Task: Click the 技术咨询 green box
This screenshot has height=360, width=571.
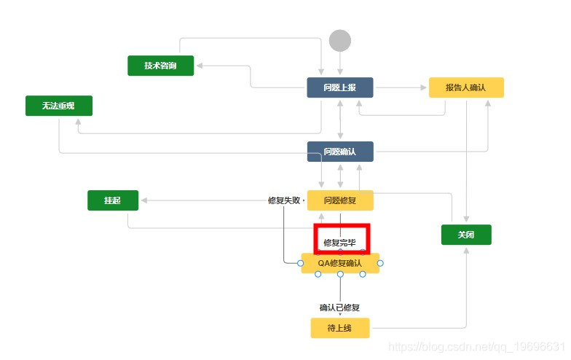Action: [x=161, y=66]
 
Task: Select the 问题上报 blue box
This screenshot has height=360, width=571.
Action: [x=339, y=87]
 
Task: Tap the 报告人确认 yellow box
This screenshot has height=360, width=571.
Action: [x=466, y=87]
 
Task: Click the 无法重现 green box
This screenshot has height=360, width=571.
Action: [x=59, y=106]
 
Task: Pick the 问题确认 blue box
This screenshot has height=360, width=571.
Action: [x=339, y=152]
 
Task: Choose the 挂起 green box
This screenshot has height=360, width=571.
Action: [x=113, y=200]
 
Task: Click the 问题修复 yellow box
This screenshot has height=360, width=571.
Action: [x=339, y=200]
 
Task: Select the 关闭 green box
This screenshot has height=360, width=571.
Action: [x=466, y=235]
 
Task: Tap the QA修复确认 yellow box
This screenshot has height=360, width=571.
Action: [x=340, y=263]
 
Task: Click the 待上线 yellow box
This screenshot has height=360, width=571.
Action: [x=339, y=328]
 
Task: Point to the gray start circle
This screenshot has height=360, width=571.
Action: [x=340, y=40]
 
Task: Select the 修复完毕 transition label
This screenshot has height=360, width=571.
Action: [x=340, y=243]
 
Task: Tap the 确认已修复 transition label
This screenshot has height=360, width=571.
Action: [x=340, y=307]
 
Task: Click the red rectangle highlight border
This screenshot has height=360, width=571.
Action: [x=316, y=240]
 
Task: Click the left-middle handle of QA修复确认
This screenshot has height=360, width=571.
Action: [x=301, y=263]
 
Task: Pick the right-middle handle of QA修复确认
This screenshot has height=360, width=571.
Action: [x=380, y=263]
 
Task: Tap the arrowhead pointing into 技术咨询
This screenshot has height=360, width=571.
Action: [x=199, y=66]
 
